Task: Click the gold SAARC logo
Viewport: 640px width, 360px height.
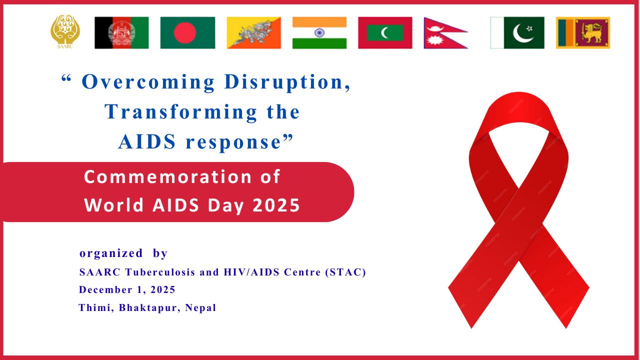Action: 65,31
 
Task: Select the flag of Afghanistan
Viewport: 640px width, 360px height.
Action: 121,33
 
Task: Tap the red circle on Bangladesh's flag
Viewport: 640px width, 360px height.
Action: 185,33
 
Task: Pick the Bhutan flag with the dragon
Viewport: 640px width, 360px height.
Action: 254,33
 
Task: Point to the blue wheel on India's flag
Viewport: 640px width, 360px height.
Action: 319,33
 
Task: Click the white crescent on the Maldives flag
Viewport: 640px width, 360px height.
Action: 384,33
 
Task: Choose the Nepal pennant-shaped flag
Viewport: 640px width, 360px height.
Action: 445,33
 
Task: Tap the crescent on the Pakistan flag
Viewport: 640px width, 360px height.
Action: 521,33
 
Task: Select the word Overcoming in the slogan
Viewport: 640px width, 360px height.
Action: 148,82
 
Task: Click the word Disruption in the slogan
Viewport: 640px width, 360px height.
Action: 287,82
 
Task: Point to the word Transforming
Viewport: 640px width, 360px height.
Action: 181,112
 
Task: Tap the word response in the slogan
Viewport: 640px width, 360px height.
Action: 233,143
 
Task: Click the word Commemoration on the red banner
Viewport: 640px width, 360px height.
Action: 167,177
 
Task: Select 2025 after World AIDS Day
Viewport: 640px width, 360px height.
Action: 276,205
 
